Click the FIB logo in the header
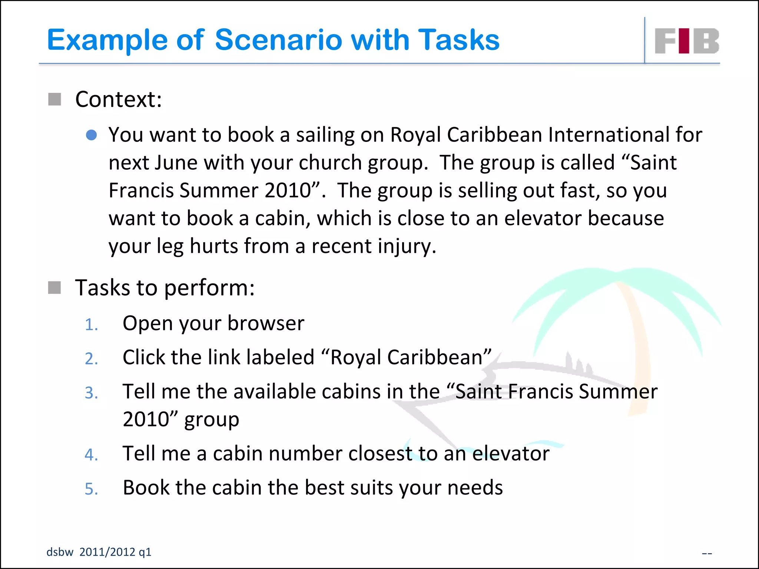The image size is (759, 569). pyautogui.click(x=687, y=41)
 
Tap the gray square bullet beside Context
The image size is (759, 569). pyautogui.click(x=54, y=99)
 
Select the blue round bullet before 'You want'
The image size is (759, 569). pyautogui.click(x=91, y=135)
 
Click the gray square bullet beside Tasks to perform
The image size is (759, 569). pyautogui.click(x=54, y=287)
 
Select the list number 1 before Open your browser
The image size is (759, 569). pyautogui.click(x=91, y=325)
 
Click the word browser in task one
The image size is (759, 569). pyautogui.click(x=266, y=323)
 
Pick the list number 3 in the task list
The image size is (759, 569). pyautogui.click(x=91, y=393)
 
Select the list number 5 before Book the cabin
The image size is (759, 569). pyautogui.click(x=91, y=489)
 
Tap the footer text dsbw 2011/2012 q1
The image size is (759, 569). pyautogui.click(x=99, y=552)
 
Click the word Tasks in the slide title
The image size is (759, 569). pyautogui.click(x=459, y=40)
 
